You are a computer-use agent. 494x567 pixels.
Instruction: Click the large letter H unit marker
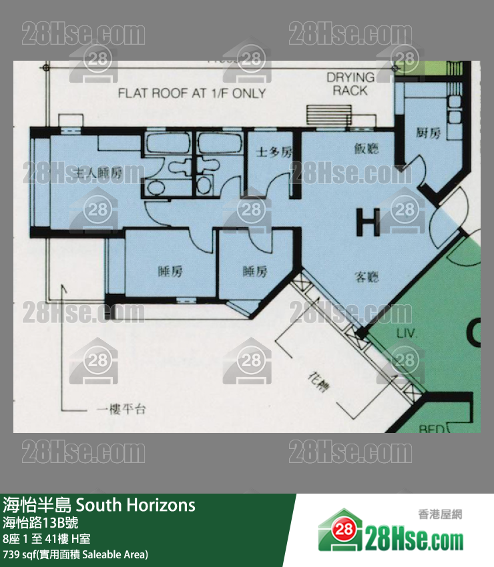click(x=368, y=222)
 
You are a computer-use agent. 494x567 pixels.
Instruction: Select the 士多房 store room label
click(x=274, y=152)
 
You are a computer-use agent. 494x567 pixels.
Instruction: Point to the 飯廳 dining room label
click(x=366, y=149)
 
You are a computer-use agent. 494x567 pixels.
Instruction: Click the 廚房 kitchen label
click(x=428, y=133)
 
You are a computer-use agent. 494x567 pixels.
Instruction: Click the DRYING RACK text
click(x=350, y=83)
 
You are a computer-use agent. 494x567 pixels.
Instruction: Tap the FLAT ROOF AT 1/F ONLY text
click(x=192, y=93)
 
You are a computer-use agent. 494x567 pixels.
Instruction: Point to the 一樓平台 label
click(x=121, y=409)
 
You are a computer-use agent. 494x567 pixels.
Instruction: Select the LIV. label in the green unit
click(x=406, y=334)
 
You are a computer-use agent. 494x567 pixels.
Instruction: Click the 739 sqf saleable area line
click(x=75, y=554)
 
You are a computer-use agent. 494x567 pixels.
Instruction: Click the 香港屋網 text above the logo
click(x=439, y=514)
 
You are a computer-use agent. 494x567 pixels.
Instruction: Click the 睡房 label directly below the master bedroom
click(x=170, y=271)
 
